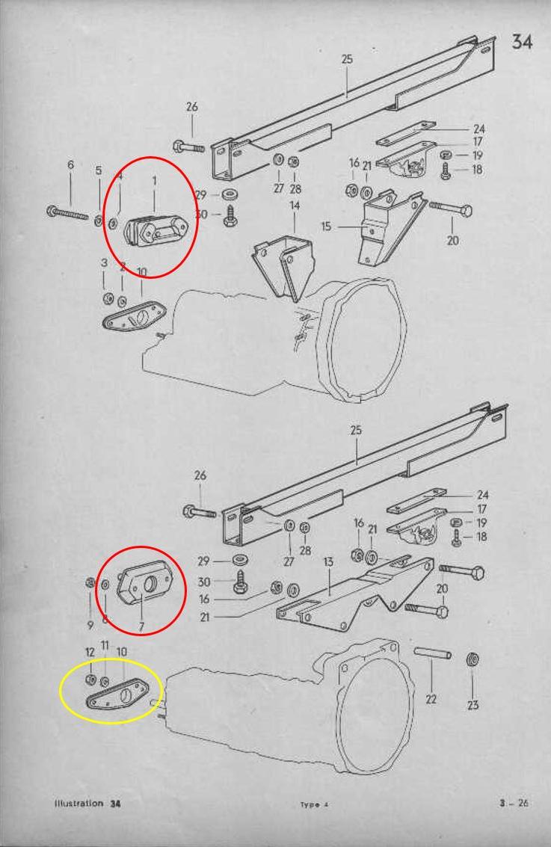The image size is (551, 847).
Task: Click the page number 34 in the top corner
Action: (522, 41)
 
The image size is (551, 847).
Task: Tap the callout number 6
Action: (70, 164)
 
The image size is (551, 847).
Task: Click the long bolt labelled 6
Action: (67, 213)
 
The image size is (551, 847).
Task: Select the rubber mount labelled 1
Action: (157, 231)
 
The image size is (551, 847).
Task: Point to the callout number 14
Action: (295, 206)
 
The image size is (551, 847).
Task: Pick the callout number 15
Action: (326, 226)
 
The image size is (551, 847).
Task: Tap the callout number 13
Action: (328, 562)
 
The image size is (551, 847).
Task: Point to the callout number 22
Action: (431, 699)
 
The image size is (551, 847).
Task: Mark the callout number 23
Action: (472, 704)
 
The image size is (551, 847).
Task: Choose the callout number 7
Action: (141, 626)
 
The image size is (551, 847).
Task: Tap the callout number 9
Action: (90, 625)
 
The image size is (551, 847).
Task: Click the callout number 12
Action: (90, 652)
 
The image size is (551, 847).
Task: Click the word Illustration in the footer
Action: (79, 803)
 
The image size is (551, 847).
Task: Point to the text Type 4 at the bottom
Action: (314, 804)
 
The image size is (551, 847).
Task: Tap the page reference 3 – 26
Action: (514, 803)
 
